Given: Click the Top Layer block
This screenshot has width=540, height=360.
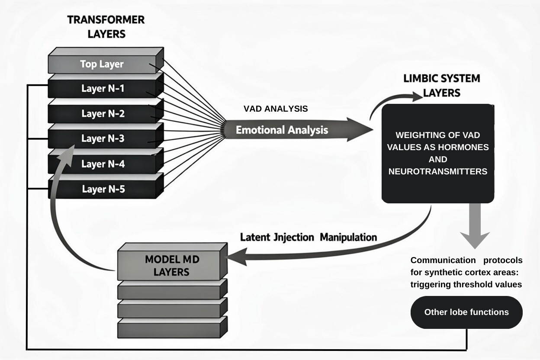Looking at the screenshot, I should coord(102,64).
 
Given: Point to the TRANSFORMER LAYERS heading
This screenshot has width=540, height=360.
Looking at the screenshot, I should coord(106,26).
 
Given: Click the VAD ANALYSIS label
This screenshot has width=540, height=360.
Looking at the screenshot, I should coord(276,109).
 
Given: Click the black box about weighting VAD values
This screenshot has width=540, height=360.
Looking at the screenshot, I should coord(437,154).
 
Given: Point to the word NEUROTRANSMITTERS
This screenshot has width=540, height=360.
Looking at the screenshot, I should coord(438,172).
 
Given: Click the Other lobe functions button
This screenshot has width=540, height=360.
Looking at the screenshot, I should coord(466,312).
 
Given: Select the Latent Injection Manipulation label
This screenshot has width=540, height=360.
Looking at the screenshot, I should coord(308,238).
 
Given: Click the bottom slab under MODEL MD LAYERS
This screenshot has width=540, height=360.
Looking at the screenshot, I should coord(172,328).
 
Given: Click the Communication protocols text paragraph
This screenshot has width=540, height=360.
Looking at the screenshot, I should coord(466,272).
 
